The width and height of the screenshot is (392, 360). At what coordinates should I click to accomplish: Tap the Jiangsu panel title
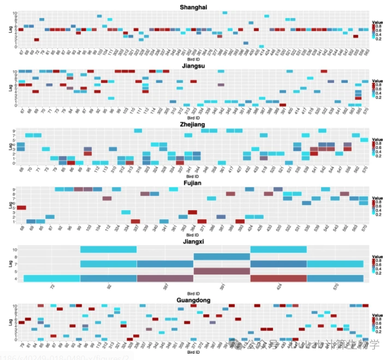click(x=193, y=65)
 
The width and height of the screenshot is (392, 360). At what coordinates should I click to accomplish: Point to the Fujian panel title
click(x=193, y=183)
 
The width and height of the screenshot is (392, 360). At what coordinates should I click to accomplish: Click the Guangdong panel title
click(x=193, y=300)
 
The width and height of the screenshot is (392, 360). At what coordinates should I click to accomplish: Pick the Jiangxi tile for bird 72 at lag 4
click(x=51, y=278)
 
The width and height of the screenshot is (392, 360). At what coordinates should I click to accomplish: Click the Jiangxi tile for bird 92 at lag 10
click(x=108, y=249)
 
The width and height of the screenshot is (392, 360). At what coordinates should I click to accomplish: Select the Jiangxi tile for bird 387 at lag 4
click(x=165, y=278)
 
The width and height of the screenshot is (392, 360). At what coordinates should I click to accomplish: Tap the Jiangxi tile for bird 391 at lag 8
click(x=222, y=257)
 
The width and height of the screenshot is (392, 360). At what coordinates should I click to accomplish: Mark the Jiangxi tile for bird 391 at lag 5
click(x=222, y=271)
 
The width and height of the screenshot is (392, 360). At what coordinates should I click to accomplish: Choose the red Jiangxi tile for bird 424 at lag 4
click(x=278, y=278)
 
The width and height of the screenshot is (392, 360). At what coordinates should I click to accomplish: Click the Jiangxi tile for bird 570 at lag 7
click(x=335, y=264)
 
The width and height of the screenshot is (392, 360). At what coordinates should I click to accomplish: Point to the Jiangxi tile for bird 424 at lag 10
click(x=278, y=249)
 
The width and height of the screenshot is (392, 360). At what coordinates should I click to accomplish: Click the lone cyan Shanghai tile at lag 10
click(x=225, y=13)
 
